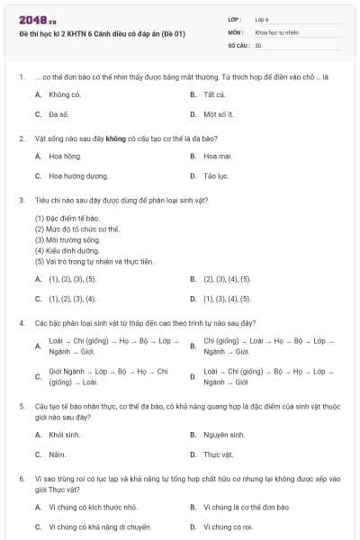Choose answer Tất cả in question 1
click(x=213, y=94)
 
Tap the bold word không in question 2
click(x=114, y=139)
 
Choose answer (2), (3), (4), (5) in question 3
click(x=227, y=279)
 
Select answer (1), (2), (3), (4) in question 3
click(x=72, y=298)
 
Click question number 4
click(x=21, y=322)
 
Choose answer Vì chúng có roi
click(x=228, y=526)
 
